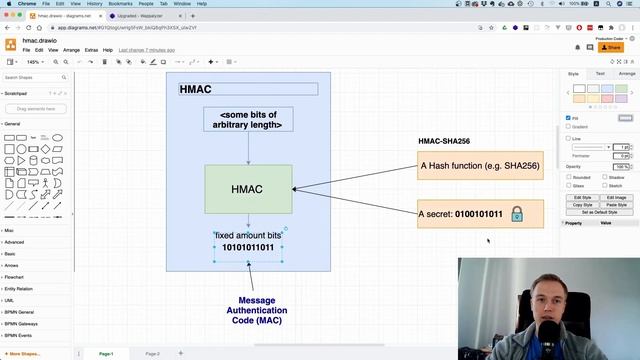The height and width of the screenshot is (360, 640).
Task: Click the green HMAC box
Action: pos(248,189)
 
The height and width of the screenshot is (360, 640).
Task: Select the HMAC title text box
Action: pos(248,89)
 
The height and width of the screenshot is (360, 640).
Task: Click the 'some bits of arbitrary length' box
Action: pos(248,120)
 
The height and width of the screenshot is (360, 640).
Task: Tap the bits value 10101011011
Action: pos(248,247)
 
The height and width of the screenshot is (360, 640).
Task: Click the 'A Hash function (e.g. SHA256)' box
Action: pos(480,166)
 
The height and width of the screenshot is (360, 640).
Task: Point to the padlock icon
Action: pos(517,214)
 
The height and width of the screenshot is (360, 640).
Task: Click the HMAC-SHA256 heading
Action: pos(444,141)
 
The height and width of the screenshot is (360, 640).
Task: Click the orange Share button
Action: pos(610,47)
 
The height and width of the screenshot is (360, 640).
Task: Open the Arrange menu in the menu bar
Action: pos(71,49)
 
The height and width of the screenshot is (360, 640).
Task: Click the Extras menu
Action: pos(91,49)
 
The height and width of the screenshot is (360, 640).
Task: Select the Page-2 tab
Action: pos(152,353)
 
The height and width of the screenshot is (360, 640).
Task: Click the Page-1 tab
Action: pos(106,353)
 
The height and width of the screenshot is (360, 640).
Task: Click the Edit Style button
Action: pos(582,197)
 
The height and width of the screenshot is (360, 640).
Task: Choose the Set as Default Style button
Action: pos(598,212)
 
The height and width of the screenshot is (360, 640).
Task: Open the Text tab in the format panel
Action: pos(600,73)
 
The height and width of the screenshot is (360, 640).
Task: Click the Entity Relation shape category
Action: pos(20,288)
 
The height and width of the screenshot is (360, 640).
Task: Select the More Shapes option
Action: pos(24,353)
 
